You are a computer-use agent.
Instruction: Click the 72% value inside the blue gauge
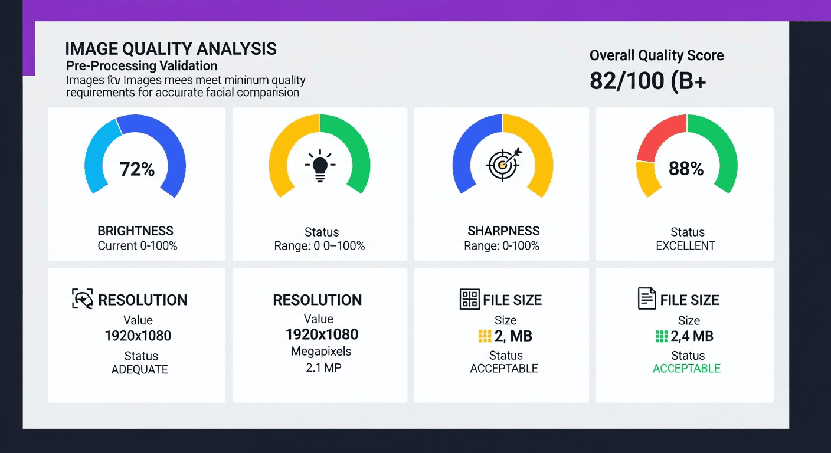[137, 169]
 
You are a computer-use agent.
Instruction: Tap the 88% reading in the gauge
[686, 169]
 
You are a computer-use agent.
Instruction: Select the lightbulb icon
[319, 165]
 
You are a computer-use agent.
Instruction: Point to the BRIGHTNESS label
[136, 231]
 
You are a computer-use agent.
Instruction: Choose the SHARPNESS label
[503, 231]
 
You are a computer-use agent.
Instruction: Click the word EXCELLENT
[685, 246]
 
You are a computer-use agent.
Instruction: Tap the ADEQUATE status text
[140, 370]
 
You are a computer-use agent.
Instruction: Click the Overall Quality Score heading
[656, 55]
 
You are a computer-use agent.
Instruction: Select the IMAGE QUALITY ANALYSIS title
[171, 49]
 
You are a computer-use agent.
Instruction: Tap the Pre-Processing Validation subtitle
[142, 65]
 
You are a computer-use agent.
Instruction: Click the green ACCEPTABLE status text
[686, 369]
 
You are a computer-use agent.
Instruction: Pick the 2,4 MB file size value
[692, 336]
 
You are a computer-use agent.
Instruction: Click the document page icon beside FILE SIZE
[647, 299]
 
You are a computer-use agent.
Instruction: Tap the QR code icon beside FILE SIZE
[469, 299]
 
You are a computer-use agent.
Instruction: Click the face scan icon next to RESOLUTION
[82, 299]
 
